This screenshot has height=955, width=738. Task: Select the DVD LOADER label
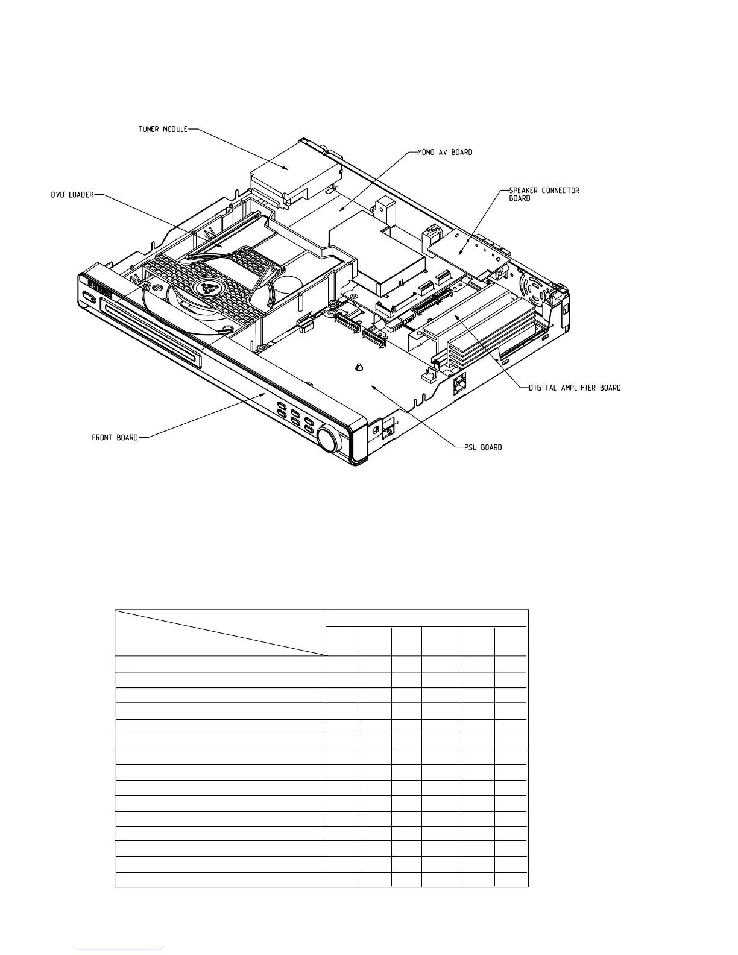tap(72, 195)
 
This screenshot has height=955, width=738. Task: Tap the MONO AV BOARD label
tap(445, 152)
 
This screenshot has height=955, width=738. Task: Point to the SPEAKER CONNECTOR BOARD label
tap(540, 194)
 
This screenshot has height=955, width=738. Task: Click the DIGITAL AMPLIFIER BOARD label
tap(575, 388)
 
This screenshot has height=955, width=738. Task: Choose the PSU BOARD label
tap(482, 447)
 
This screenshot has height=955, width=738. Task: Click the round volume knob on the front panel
tap(329, 441)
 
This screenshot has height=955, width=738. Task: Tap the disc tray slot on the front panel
tap(151, 334)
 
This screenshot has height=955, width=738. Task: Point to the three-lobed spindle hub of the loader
tap(212, 288)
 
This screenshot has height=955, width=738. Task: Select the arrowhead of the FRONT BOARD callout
tap(263, 392)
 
